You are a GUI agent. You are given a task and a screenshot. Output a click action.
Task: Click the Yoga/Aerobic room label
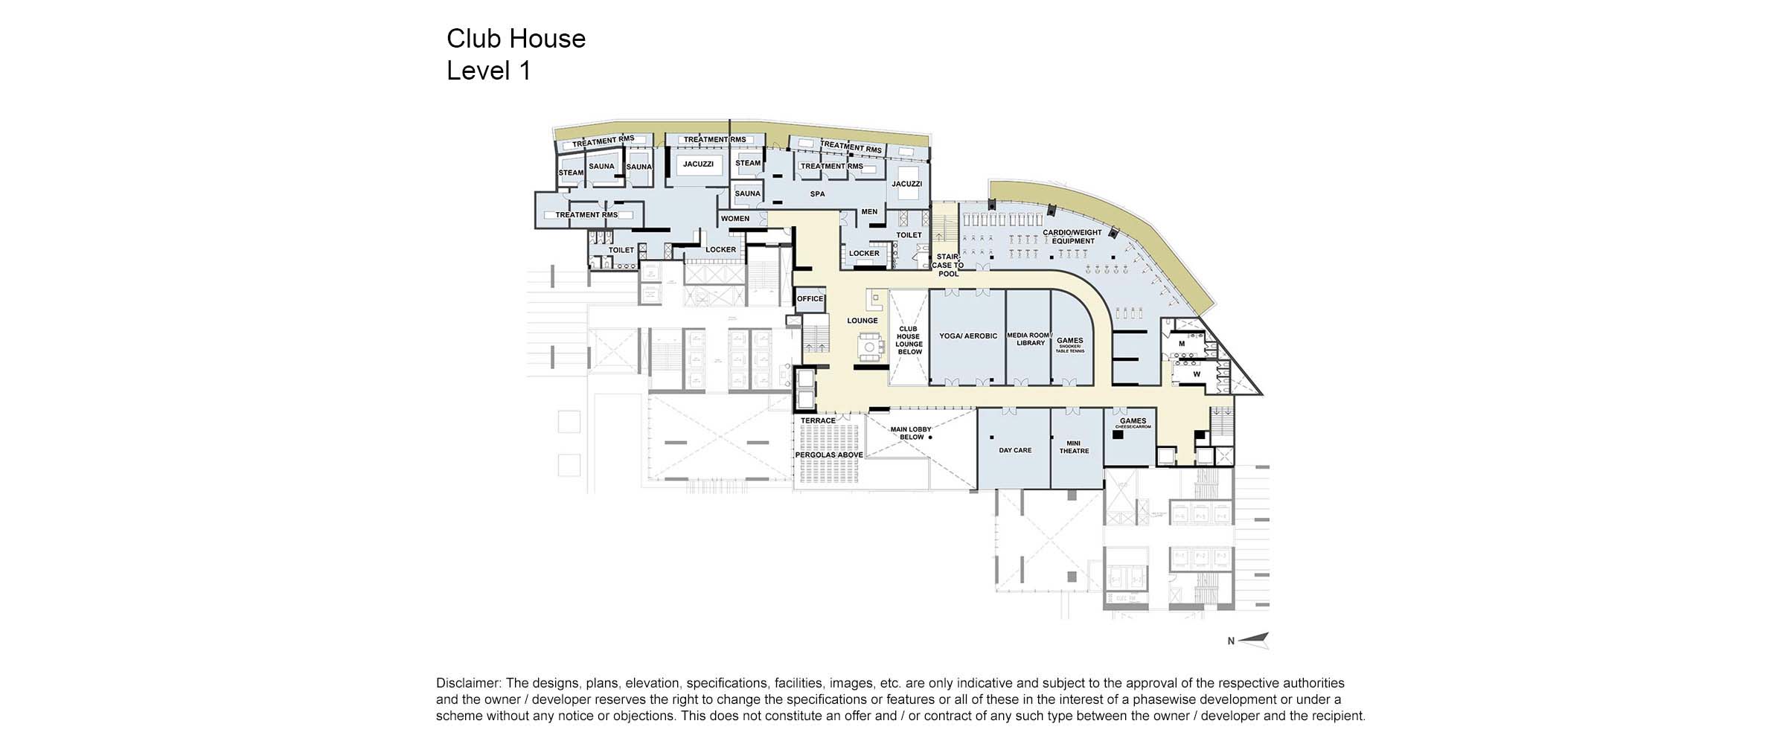point(967,336)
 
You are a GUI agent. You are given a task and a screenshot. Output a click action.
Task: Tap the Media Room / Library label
point(1029,339)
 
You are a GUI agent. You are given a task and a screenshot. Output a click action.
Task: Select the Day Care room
point(1015,450)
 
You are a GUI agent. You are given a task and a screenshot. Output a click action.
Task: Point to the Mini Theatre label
point(1074,447)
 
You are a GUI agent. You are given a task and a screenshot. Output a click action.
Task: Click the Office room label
point(810,299)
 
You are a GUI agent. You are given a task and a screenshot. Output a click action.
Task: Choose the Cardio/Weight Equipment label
point(1072,237)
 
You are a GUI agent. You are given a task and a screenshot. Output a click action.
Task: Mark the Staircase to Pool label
point(948,265)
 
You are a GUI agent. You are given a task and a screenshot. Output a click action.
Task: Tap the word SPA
point(817,194)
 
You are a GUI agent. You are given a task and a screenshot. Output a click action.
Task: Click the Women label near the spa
point(734,219)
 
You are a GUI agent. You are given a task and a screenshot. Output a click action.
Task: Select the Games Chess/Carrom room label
point(1133,423)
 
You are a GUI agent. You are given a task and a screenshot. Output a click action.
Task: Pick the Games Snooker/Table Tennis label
point(1070,344)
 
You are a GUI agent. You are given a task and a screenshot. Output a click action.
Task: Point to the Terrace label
point(818,421)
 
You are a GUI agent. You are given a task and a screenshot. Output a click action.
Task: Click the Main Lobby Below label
point(911,433)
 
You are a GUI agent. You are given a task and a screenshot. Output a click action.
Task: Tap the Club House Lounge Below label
point(909,340)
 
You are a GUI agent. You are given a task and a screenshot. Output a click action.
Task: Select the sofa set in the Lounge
point(869,347)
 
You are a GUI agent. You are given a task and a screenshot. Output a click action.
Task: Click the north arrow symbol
point(1253,640)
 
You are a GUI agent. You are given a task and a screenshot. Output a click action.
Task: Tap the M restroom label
point(1182,344)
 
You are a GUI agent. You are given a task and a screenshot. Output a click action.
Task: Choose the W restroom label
point(1197,374)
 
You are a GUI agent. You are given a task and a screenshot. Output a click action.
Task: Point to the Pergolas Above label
point(829,455)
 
